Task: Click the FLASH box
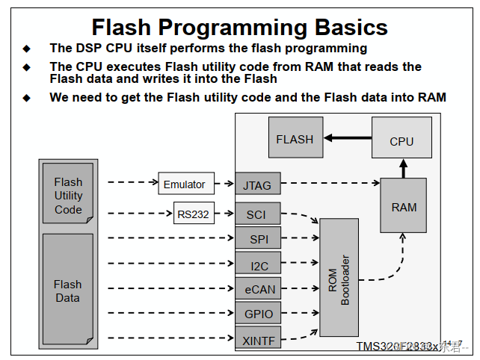295,139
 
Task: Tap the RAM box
404,206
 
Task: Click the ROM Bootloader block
339,281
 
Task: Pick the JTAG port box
258,183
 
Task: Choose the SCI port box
258,214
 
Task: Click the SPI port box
258,240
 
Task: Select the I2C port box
258,264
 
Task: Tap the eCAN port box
258,288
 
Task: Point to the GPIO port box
258,314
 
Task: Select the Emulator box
184,183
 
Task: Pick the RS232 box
194,214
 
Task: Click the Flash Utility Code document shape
68,196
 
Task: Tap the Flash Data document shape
67,290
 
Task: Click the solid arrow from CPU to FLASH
347,138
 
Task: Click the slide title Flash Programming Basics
239,28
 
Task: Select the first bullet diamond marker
27,49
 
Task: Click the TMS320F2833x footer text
396,347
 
